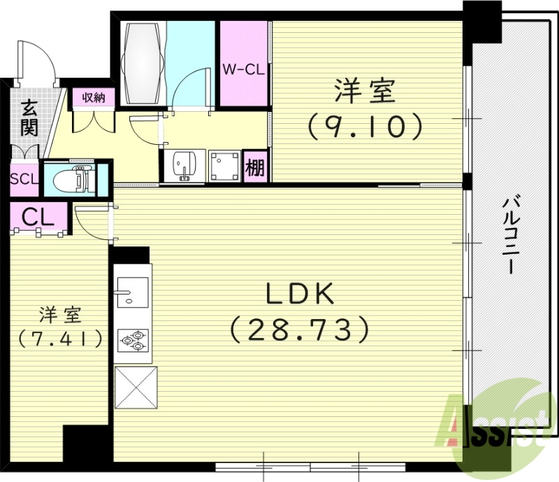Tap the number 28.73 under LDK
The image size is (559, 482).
(299, 328)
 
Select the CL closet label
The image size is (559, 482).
(38, 217)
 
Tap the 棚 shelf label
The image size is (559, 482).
(255, 168)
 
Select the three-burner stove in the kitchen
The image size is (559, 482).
(133, 340)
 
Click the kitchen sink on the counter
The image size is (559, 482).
(131, 290)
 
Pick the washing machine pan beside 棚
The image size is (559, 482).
(224, 166)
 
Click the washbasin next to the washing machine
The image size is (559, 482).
(184, 166)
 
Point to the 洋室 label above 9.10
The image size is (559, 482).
(364, 92)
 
